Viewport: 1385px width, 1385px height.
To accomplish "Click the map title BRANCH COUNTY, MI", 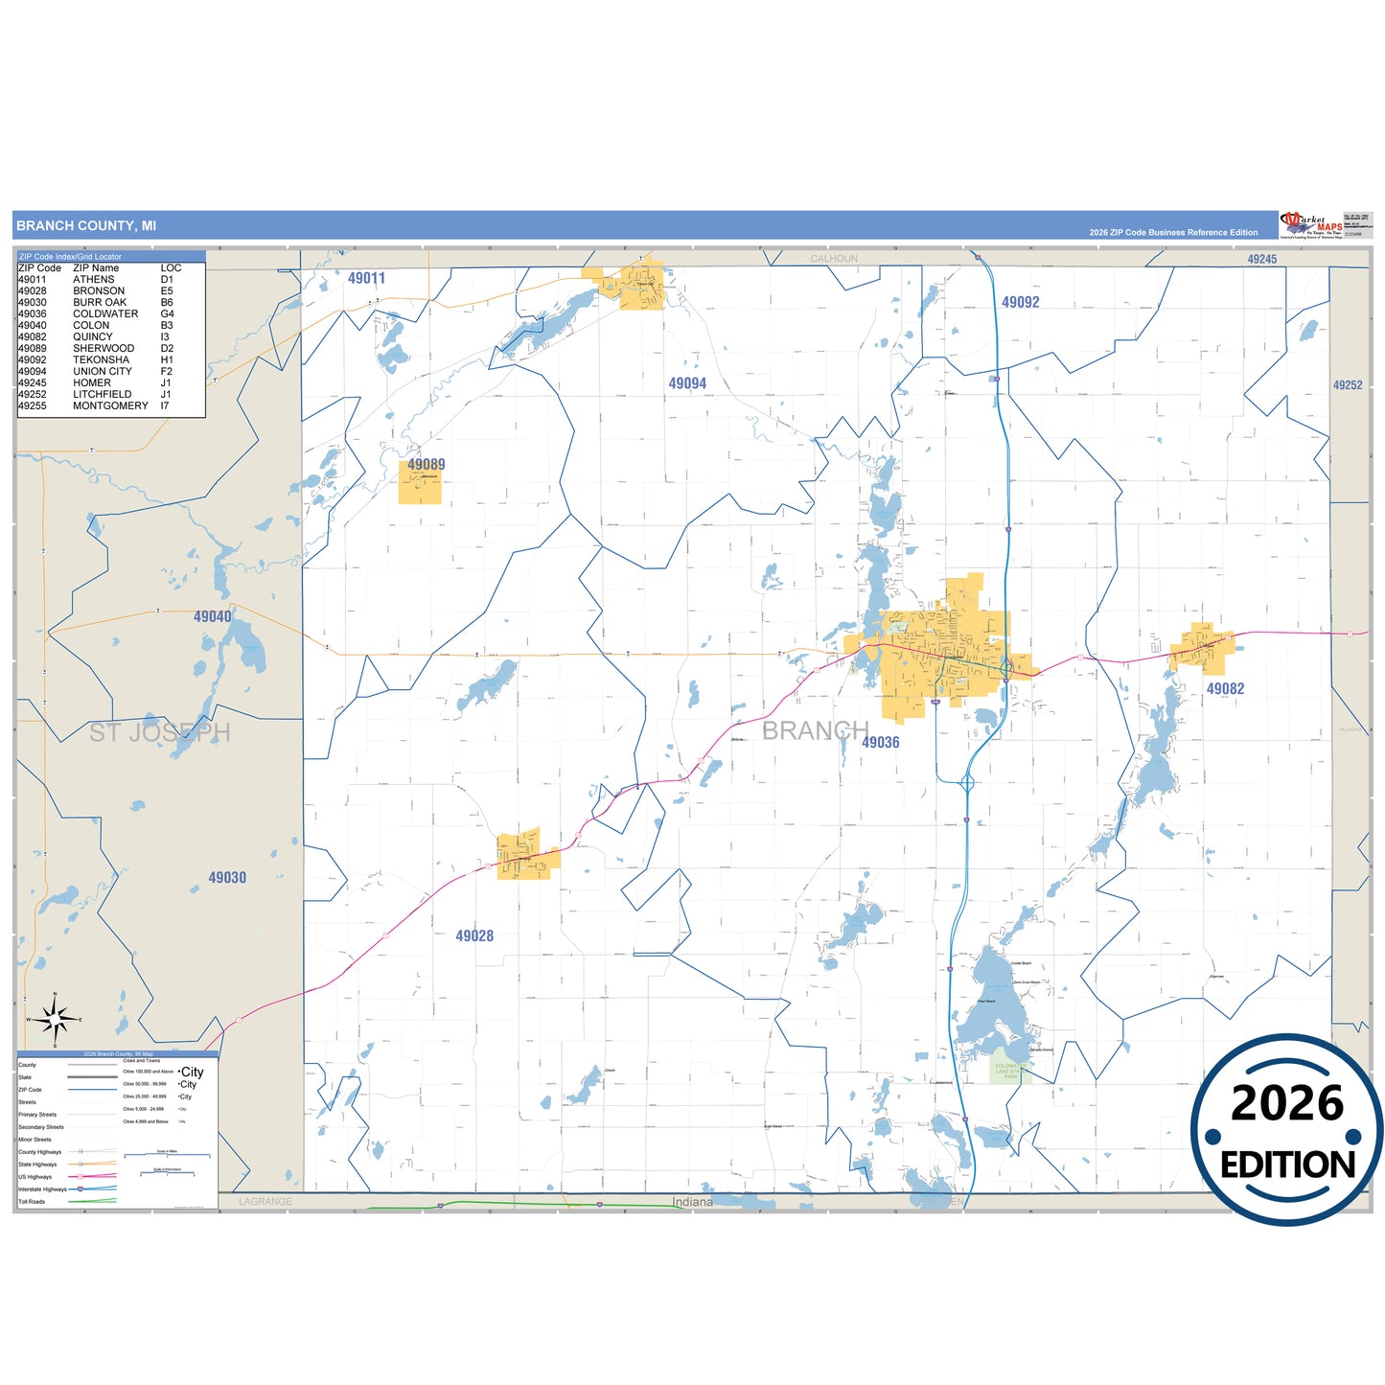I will [86, 226].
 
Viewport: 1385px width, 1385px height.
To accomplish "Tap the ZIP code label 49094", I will [687, 383].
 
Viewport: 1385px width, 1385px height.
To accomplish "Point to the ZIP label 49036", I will [880, 743].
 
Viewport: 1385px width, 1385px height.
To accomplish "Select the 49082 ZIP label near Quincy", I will [1225, 689].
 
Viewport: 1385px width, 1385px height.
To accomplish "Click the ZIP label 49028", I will [474, 936].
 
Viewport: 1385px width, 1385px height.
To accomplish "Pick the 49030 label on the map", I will [227, 878].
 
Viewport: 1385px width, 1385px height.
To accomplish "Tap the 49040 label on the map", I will [213, 617].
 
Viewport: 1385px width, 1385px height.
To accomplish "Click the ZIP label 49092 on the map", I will [1020, 303].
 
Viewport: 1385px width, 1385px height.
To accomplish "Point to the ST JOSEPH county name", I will [160, 733].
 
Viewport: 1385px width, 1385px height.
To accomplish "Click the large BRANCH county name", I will [815, 731].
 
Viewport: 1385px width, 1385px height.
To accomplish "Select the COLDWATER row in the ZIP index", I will [105, 314].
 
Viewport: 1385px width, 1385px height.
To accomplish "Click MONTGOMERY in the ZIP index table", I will [110, 406].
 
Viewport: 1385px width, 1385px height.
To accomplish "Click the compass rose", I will [56, 1020].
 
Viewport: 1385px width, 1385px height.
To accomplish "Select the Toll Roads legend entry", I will [33, 1202].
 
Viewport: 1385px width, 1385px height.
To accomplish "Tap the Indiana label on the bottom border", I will [692, 1203].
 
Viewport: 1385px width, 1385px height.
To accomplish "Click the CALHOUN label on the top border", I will [834, 259].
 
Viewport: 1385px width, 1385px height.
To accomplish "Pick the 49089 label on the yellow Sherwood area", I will [426, 465].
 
